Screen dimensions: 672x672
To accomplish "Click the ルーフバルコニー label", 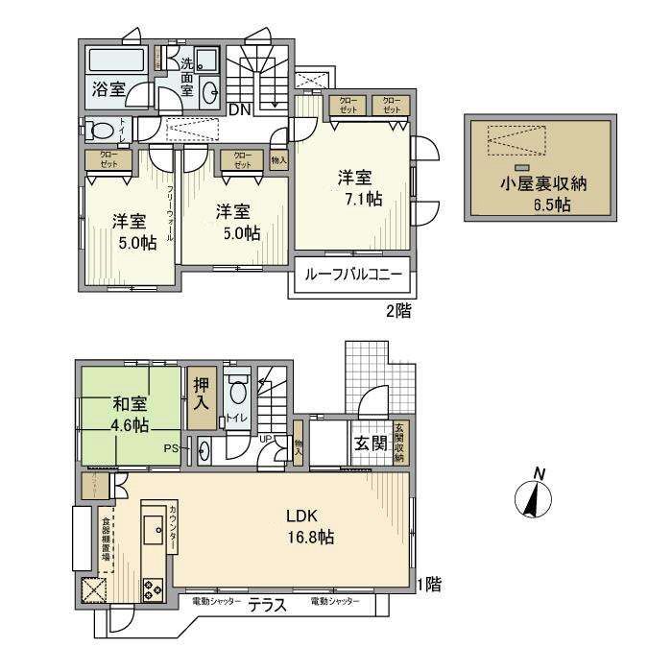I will [352, 275].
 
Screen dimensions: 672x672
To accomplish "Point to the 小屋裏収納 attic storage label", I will [537, 186].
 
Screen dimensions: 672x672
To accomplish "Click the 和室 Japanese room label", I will [129, 403].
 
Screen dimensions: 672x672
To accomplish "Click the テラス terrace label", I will [268, 605].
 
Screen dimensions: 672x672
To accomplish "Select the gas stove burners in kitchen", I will [154, 588].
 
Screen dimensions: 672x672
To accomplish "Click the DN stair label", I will [240, 109].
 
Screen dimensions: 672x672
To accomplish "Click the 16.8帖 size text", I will [310, 539].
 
